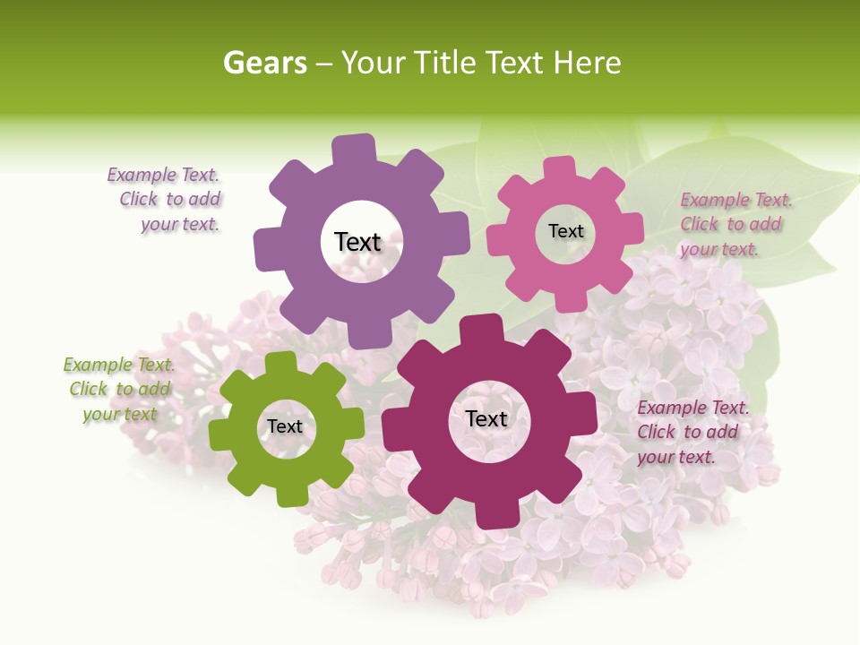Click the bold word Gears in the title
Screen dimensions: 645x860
tap(263, 63)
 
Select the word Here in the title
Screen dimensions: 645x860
tap(587, 63)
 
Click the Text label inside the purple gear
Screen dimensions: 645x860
tap(357, 242)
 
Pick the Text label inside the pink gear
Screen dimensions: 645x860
tap(566, 231)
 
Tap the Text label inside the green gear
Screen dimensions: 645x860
tap(285, 426)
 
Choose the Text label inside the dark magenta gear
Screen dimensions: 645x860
tap(486, 418)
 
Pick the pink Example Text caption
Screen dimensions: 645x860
tap(735, 224)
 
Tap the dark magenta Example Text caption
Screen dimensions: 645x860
tap(692, 432)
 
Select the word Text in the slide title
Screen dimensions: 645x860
tap(515, 63)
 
